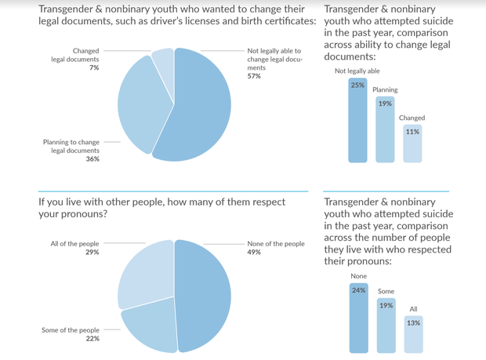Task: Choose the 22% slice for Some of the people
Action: (149, 325)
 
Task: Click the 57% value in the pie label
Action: (254, 76)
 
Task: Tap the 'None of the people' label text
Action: (276, 244)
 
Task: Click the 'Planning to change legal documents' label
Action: (71, 146)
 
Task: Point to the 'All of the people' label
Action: (75, 244)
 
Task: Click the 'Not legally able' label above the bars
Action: (357, 71)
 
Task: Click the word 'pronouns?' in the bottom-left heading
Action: (81, 213)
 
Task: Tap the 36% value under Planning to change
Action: (92, 159)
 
